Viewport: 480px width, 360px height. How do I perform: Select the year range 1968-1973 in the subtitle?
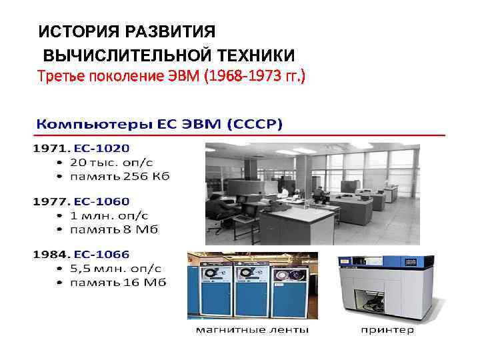point(247,76)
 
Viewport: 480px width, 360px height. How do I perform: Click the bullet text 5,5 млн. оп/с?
point(117,269)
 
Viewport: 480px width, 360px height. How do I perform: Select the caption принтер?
point(387,329)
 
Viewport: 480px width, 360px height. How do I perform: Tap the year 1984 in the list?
point(50,254)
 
